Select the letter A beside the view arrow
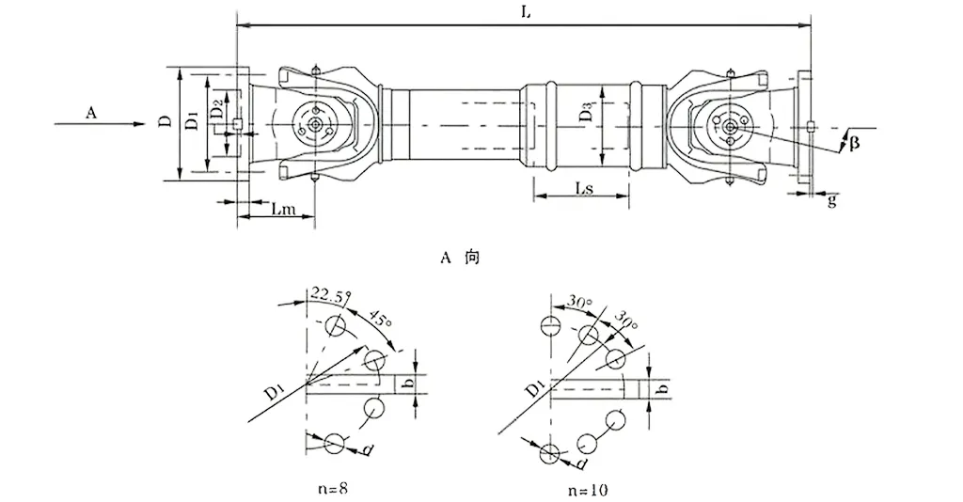pos(91,113)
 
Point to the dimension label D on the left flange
pos(164,123)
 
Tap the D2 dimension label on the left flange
pos(217,110)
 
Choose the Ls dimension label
pos(584,189)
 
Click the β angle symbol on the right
pos(853,143)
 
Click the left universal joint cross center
pos(313,123)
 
